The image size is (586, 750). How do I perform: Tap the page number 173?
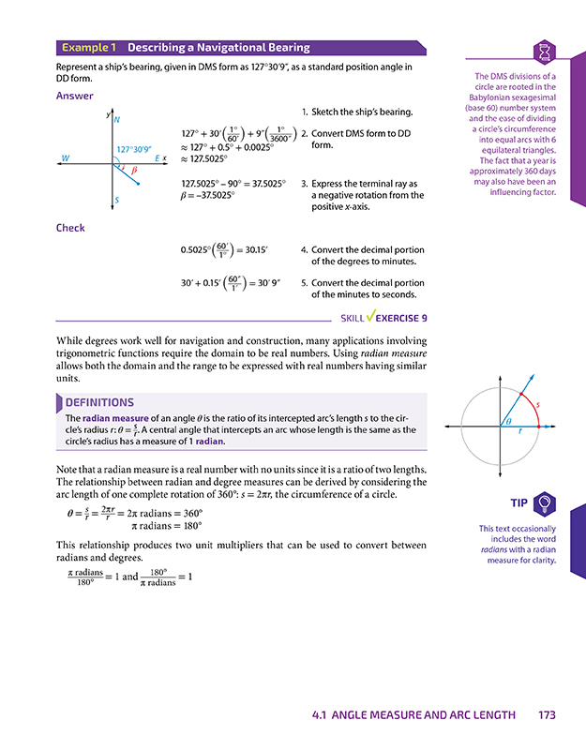click(x=548, y=715)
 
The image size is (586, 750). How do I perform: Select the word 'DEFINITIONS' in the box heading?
click(x=100, y=402)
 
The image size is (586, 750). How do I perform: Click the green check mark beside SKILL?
click(x=370, y=318)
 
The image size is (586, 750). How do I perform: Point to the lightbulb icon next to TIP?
click(x=545, y=502)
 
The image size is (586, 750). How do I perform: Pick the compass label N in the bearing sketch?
click(x=116, y=120)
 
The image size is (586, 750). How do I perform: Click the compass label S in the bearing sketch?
click(x=116, y=201)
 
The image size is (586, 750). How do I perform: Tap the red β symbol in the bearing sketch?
click(x=134, y=171)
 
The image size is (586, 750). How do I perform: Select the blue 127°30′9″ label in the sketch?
click(x=136, y=149)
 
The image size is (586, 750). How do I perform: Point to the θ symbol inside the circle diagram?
click(x=508, y=423)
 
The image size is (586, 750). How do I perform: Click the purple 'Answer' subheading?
click(x=74, y=96)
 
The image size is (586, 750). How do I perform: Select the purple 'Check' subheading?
click(x=70, y=228)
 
